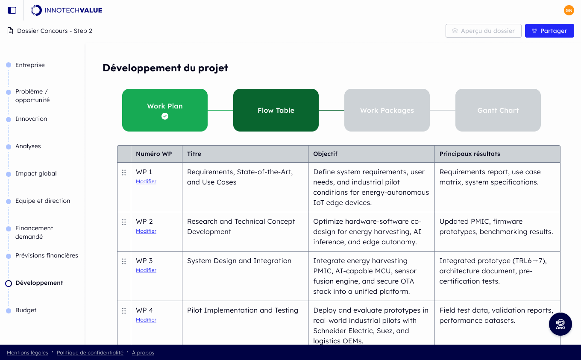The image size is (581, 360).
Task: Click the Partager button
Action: point(549,31)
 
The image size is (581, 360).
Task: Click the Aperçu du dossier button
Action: point(483,31)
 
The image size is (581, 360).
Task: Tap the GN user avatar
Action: point(569,10)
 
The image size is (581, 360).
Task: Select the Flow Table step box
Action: point(276,110)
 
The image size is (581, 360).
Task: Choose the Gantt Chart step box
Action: point(498,110)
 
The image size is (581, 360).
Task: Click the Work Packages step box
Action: point(387,110)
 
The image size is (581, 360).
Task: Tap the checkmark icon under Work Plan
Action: point(165,116)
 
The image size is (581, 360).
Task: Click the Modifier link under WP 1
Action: point(146,181)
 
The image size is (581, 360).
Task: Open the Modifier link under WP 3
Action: point(146,270)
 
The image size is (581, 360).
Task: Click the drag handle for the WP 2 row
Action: point(124,222)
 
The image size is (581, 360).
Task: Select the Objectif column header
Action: point(325,154)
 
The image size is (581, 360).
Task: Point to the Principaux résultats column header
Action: point(469,154)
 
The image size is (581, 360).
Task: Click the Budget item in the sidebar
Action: point(26,310)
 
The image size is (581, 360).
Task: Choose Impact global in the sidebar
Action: point(36,173)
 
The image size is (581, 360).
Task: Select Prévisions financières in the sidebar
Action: point(47,255)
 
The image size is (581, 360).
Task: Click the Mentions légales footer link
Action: point(27,353)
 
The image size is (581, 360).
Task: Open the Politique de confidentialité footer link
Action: point(90,353)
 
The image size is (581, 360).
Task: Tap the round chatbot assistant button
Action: point(560,324)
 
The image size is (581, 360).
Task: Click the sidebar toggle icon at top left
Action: point(12,10)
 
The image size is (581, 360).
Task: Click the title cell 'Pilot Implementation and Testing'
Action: point(242,310)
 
